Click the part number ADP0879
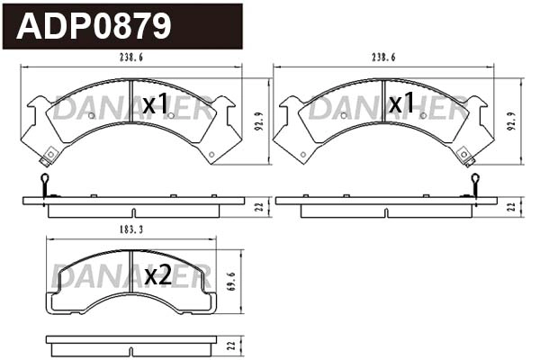click(x=94, y=26)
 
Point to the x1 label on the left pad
click(x=156, y=105)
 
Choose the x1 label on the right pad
click(x=400, y=105)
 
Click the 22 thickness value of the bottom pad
click(x=232, y=343)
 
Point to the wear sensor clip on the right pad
click(x=467, y=159)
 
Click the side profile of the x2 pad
click(x=131, y=343)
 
